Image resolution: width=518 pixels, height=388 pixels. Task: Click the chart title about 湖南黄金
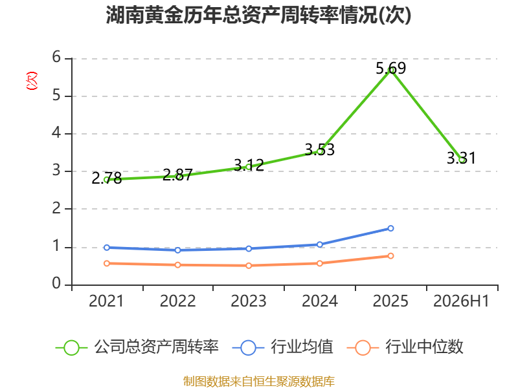[x=258, y=15]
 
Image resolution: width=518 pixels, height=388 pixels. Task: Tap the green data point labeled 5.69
[x=391, y=70]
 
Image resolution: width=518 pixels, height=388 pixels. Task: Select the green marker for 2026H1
[x=462, y=160]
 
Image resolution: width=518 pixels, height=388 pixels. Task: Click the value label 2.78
[x=106, y=178]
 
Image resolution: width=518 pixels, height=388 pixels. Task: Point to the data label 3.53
[x=319, y=150]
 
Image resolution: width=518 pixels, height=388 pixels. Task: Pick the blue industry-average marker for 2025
[x=391, y=228]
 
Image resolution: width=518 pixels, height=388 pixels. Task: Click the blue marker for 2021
[x=107, y=248]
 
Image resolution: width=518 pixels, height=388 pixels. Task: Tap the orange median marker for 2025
[x=391, y=256]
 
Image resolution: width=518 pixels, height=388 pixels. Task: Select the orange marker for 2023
[x=249, y=266]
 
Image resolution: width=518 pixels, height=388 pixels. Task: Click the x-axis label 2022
[x=177, y=301]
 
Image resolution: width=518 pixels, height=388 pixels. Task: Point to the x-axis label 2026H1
[x=461, y=301]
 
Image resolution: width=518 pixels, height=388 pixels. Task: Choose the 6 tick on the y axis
[x=56, y=58]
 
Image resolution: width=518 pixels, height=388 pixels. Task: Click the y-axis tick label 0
[x=56, y=284]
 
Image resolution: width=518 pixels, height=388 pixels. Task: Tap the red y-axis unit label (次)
[x=32, y=81]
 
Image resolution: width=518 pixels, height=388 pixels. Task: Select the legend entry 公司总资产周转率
[x=137, y=347]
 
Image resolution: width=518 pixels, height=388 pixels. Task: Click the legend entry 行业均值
[x=283, y=347]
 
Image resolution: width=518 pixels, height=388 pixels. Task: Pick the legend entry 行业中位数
[x=405, y=347]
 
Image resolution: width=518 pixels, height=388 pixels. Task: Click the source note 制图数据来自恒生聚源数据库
[x=259, y=382]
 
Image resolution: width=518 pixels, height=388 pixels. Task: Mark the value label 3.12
[x=249, y=166]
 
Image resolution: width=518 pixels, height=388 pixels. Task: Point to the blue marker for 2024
[x=320, y=244]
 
